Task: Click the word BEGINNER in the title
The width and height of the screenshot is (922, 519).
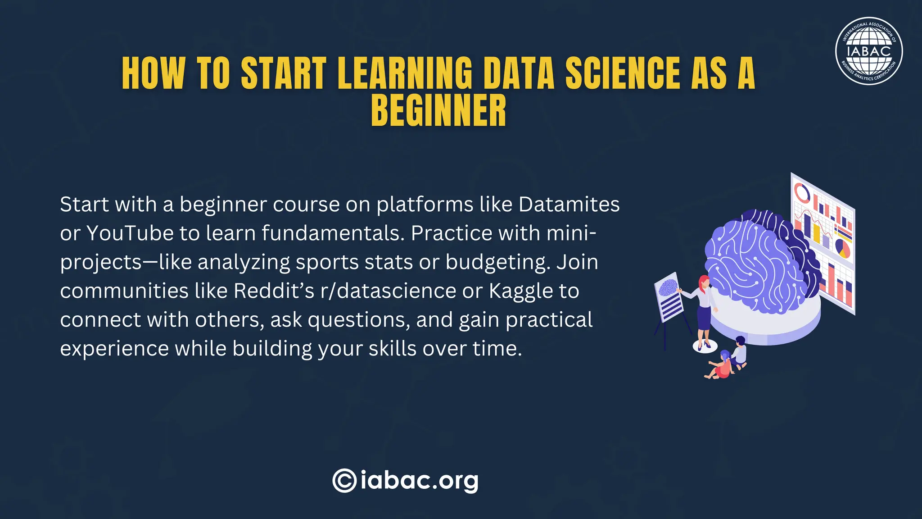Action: [438, 111]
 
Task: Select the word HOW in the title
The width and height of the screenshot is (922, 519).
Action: [153, 73]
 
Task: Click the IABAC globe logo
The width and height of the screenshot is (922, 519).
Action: [868, 51]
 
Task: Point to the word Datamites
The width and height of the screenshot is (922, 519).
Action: [569, 205]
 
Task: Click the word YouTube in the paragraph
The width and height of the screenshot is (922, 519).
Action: [130, 233]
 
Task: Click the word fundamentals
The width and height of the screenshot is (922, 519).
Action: [333, 233]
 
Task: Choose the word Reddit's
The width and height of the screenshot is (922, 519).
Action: [274, 291]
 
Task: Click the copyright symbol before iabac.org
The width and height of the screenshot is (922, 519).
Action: [344, 481]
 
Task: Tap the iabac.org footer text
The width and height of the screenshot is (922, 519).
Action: [419, 481]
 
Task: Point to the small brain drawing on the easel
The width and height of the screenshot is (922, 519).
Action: [667, 287]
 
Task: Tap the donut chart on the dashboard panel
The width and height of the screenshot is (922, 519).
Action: [801, 193]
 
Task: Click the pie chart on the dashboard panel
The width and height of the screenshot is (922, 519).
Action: [842, 247]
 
